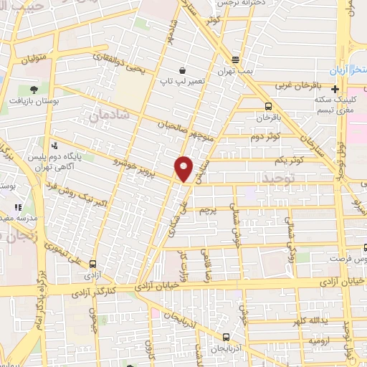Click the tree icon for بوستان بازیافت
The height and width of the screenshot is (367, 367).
(x=33, y=90)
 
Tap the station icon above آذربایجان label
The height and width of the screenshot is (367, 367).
(x=227, y=336)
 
